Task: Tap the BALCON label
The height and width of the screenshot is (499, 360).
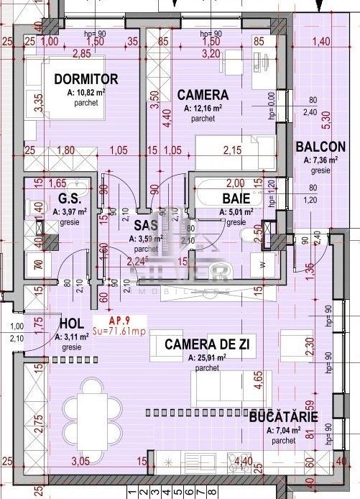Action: pos(320,147)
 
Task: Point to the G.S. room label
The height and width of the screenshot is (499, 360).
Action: pos(68,199)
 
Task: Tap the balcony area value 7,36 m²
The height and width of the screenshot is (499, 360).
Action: pos(323,160)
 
